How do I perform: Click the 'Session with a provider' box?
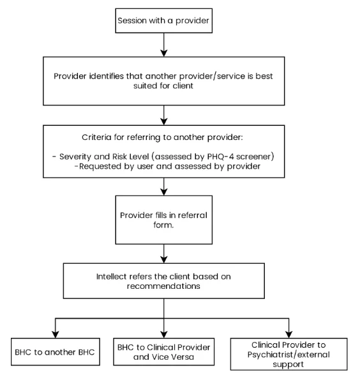click(164, 20)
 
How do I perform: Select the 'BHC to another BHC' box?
click(56, 351)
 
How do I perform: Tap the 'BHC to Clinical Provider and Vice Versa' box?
click(164, 351)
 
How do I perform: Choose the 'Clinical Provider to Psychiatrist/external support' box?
click(289, 354)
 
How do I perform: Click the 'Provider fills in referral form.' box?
click(164, 220)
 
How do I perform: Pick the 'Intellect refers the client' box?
click(164, 281)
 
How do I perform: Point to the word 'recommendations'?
click(163, 286)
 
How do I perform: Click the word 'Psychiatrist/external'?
click(289, 355)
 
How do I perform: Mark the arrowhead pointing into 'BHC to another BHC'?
click(56, 334)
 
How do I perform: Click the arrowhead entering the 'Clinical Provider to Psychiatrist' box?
click(289, 334)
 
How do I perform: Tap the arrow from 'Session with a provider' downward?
click(164, 45)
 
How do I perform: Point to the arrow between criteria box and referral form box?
click(164, 187)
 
